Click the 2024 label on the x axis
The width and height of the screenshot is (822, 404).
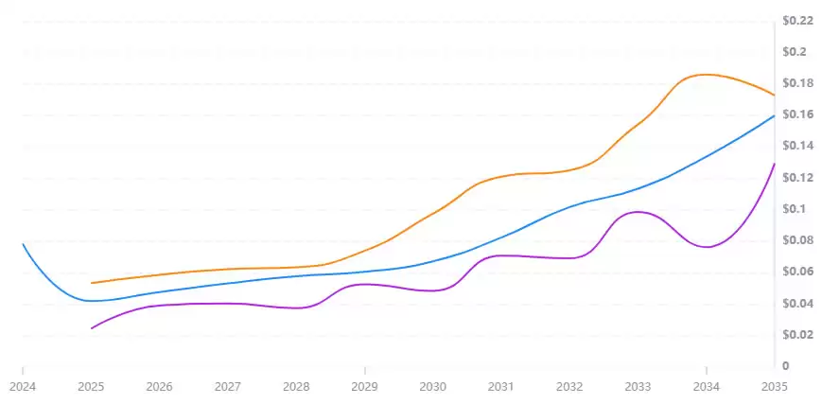[22, 386]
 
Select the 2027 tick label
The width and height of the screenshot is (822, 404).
[228, 386]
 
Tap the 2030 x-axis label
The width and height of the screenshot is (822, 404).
[432, 386]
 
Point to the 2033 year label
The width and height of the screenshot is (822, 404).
[638, 386]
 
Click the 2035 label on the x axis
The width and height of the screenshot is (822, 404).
[774, 386]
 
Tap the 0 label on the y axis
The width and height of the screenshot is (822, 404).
[784, 366]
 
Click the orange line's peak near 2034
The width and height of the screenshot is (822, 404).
[706, 74]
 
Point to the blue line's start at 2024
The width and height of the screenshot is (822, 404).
[22, 244]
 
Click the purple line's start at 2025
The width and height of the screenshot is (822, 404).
[92, 328]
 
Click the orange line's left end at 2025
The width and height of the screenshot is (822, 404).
[92, 283]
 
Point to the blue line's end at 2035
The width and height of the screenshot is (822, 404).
[775, 115]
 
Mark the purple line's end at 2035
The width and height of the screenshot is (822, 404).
[775, 164]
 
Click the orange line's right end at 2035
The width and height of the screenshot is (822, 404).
[775, 95]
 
